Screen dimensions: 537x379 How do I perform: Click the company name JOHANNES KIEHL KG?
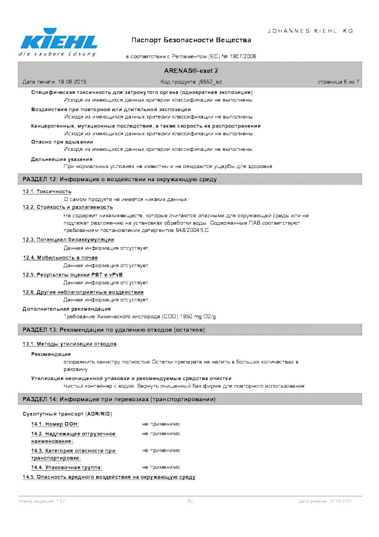(311, 31)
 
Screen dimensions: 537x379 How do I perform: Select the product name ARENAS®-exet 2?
(190, 71)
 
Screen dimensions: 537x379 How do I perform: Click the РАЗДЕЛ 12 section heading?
(120, 180)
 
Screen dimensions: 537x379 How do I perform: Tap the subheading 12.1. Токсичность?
(47, 191)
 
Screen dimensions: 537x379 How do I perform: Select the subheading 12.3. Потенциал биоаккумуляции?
(68, 240)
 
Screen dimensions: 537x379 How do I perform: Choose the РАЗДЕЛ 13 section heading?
(114, 329)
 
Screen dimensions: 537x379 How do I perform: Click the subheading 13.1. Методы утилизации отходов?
(70, 343)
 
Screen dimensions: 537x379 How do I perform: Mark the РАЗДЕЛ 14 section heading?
(119, 399)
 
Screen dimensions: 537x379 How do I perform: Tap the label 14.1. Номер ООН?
(55, 424)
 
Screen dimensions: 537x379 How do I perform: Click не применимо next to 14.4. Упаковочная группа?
(161, 467)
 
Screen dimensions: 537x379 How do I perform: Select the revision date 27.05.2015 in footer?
(339, 501)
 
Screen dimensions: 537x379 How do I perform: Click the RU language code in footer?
(190, 501)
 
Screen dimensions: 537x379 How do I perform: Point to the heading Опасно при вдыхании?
(62, 142)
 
